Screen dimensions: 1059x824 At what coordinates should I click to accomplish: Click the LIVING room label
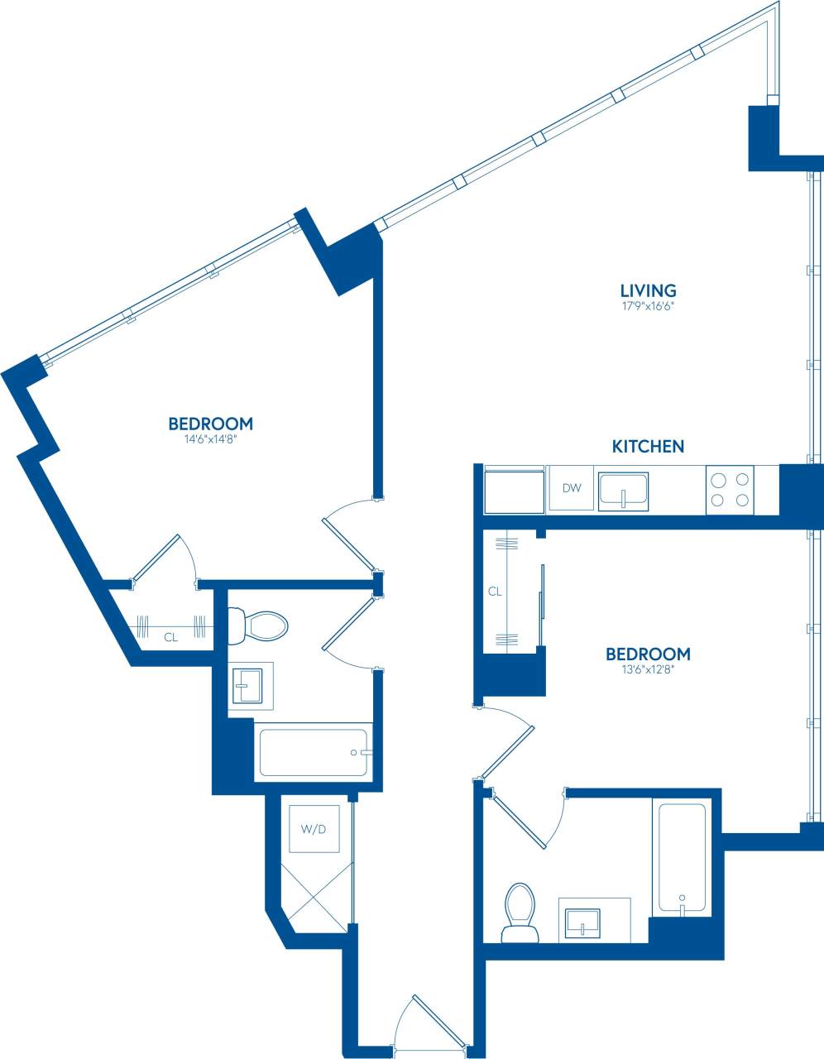click(x=648, y=290)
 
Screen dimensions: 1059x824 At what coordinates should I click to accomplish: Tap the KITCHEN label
click(x=648, y=447)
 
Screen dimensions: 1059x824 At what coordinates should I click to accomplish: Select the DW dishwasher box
click(x=572, y=488)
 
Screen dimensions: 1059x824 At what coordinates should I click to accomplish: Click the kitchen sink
click(x=624, y=488)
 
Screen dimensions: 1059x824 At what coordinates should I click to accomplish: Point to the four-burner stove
click(x=731, y=489)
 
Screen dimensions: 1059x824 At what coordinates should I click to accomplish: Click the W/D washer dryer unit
click(x=314, y=828)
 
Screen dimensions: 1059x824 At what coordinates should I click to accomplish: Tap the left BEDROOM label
click(x=210, y=424)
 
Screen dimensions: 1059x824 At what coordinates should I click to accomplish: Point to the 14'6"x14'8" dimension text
click(x=210, y=440)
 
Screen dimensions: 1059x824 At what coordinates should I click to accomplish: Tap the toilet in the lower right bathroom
click(x=520, y=913)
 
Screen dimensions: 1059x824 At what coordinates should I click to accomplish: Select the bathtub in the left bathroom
click(x=313, y=751)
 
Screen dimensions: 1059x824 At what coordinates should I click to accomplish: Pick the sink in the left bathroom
click(x=251, y=686)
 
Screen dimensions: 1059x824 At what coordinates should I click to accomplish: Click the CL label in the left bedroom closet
click(x=170, y=637)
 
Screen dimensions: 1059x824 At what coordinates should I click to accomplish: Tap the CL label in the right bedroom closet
click(x=495, y=592)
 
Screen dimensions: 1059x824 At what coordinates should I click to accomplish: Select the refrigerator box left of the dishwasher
click(x=514, y=491)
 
